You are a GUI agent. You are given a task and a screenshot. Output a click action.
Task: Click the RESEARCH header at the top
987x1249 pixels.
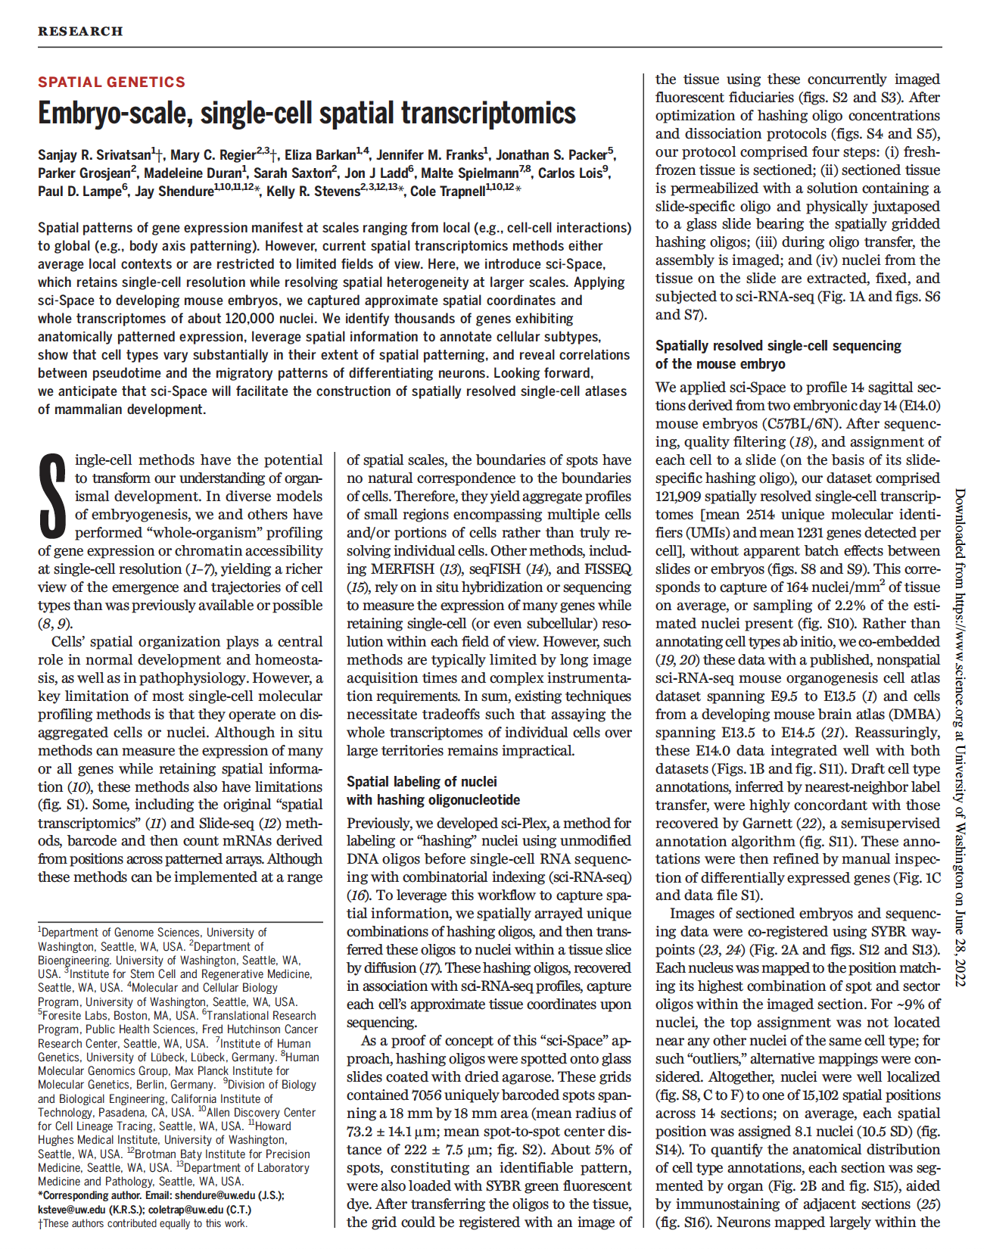80,31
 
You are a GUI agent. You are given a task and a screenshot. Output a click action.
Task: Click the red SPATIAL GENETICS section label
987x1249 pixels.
111,82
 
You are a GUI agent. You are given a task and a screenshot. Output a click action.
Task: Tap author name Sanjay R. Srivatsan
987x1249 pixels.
94,155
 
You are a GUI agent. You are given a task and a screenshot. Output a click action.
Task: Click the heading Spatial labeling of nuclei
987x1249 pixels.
422,782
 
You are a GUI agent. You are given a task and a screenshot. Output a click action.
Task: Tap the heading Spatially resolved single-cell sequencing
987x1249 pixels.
778,346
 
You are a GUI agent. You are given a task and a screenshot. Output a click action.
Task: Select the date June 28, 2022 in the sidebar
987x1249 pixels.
959,943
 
